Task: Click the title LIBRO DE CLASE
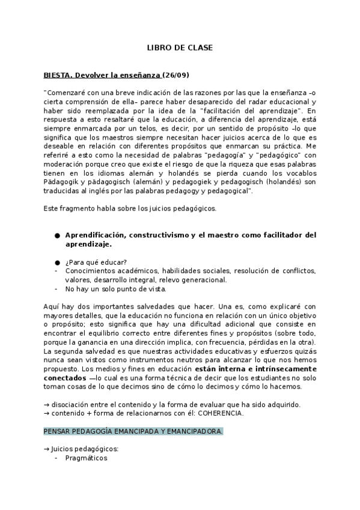(180, 47)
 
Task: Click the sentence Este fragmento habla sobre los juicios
(130, 208)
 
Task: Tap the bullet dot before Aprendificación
(56, 235)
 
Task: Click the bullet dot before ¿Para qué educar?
(56, 262)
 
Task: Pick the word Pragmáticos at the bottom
(86, 458)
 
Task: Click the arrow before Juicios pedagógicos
(47, 449)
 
